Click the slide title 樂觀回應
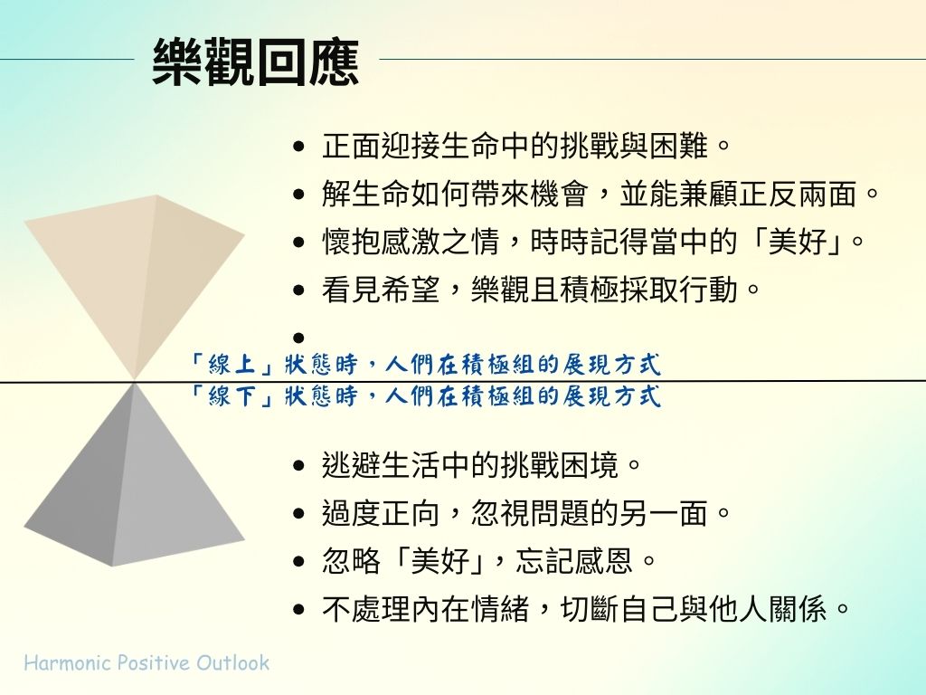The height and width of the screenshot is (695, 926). click(x=256, y=62)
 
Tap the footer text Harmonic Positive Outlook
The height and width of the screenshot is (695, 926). click(x=146, y=662)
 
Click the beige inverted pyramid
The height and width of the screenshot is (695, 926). click(x=134, y=278)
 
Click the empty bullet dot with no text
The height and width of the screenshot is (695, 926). click(x=298, y=338)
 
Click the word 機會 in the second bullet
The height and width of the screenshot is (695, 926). click(x=559, y=194)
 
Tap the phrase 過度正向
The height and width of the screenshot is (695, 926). click(x=381, y=513)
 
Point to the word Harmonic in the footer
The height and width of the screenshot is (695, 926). click(x=68, y=662)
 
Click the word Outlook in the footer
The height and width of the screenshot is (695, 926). click(x=232, y=662)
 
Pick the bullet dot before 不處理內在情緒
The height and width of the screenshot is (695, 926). click(x=298, y=609)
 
